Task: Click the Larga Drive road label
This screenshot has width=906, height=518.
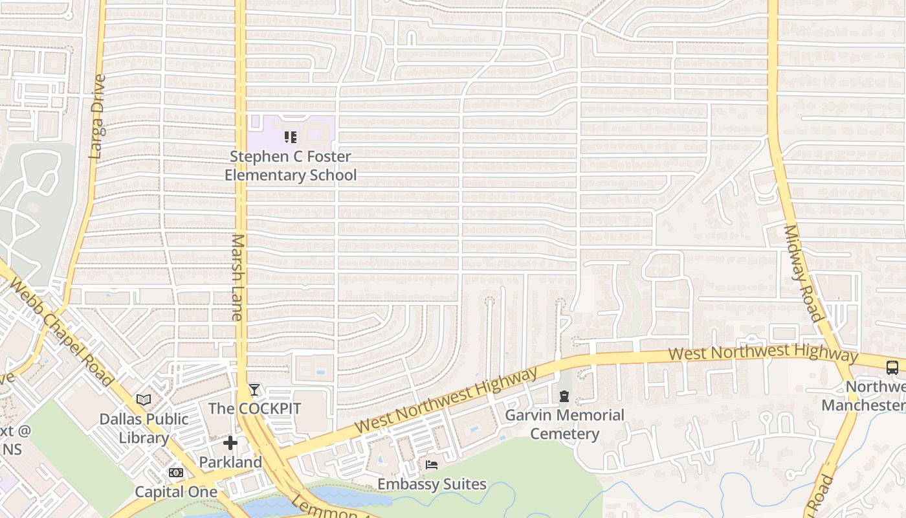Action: [x=97, y=117]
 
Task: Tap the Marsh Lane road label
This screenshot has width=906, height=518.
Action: [x=236, y=277]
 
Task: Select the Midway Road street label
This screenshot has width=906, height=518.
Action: [x=802, y=273]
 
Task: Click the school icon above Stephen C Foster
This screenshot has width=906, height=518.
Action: [x=291, y=137]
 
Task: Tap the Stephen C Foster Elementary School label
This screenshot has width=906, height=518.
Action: [x=291, y=166]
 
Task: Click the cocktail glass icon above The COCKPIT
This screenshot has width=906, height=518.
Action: [x=254, y=390]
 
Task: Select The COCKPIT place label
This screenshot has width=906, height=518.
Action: [x=254, y=409]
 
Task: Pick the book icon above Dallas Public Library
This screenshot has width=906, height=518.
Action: [x=144, y=400]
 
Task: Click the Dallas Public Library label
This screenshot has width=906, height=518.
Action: [x=144, y=428]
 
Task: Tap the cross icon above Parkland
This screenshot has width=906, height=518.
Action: [x=230, y=443]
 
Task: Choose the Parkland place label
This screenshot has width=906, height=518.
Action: [x=230, y=462]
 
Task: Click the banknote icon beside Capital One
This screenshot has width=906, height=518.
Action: [x=176, y=473]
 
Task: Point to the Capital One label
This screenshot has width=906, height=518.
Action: [x=176, y=491]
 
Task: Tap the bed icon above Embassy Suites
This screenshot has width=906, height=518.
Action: [x=432, y=465]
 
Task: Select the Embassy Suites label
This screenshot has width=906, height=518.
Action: [x=432, y=484]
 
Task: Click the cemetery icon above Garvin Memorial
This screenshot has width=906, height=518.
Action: [x=564, y=396]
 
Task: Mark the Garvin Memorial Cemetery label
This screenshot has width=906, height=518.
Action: [x=564, y=424]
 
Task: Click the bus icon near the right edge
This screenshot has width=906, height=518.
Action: [x=892, y=368]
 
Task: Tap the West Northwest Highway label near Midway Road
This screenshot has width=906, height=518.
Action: [x=763, y=354]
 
